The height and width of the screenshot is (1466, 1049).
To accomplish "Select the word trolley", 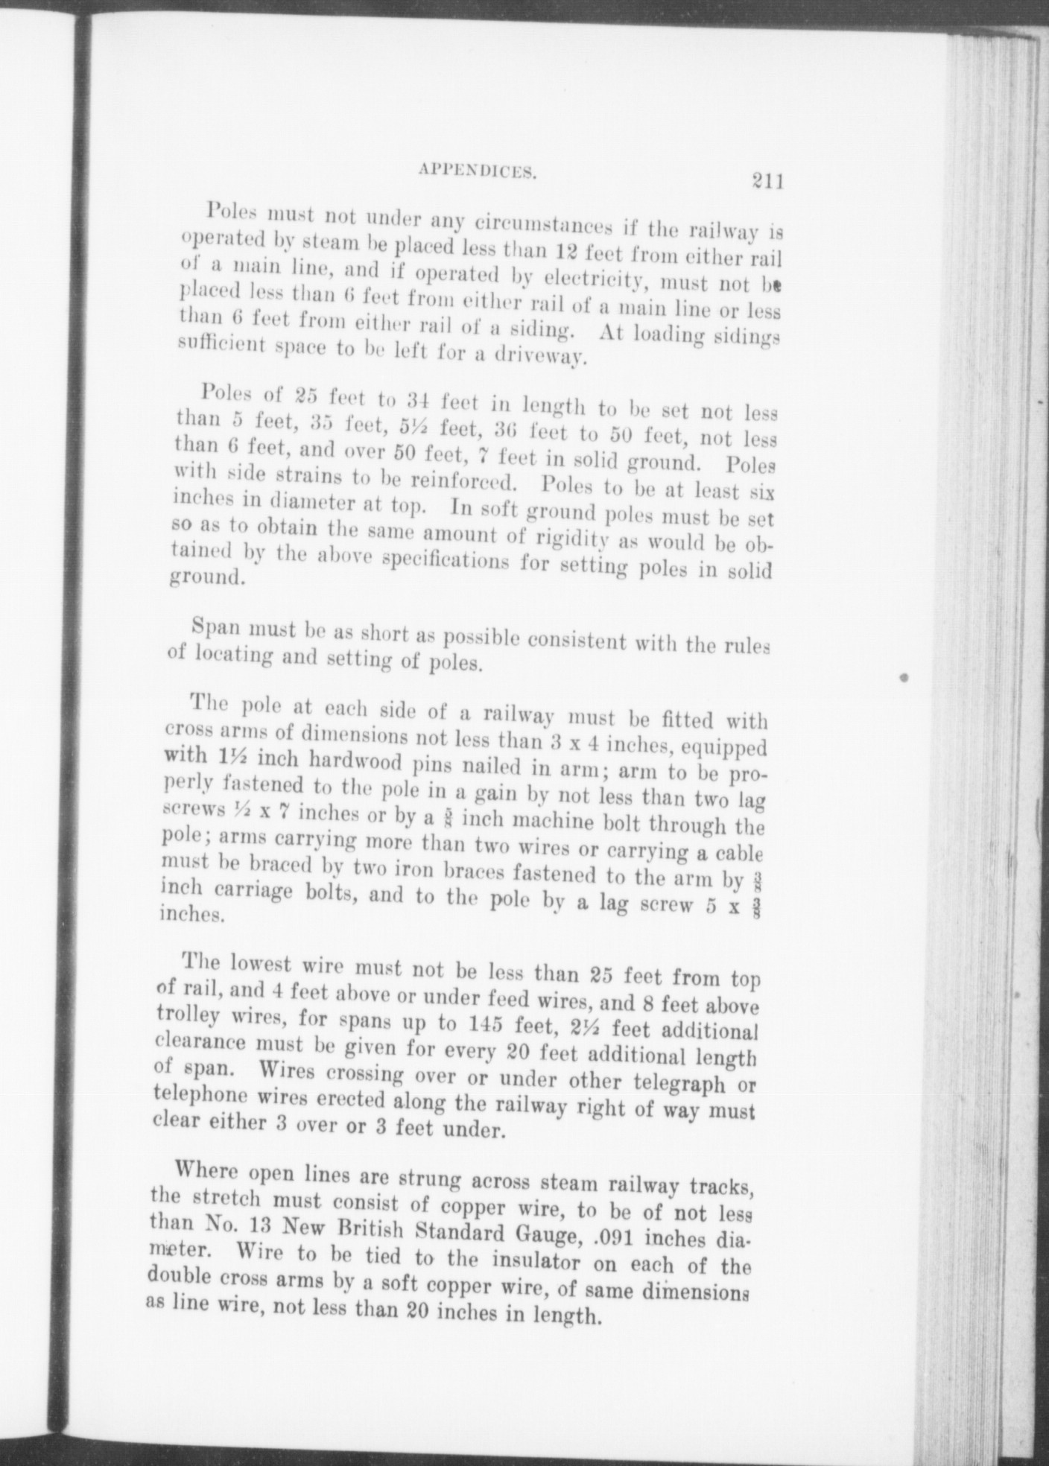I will (188, 1016).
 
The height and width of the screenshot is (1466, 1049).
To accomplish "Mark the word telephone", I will (197, 1097).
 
